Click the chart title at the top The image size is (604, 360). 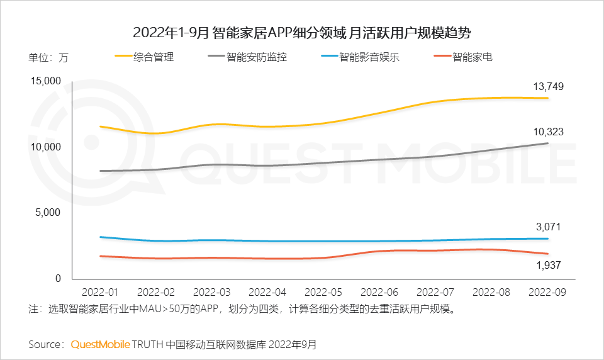302,33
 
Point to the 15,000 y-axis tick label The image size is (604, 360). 45,81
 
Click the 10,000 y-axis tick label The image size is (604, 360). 45,147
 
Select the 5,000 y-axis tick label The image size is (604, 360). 48,213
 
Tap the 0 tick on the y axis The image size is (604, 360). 57,278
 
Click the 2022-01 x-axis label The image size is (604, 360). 99,293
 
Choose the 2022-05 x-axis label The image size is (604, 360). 323,293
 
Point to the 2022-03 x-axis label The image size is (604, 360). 211,293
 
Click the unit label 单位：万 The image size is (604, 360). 48,58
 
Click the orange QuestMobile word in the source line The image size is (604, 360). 101,344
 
